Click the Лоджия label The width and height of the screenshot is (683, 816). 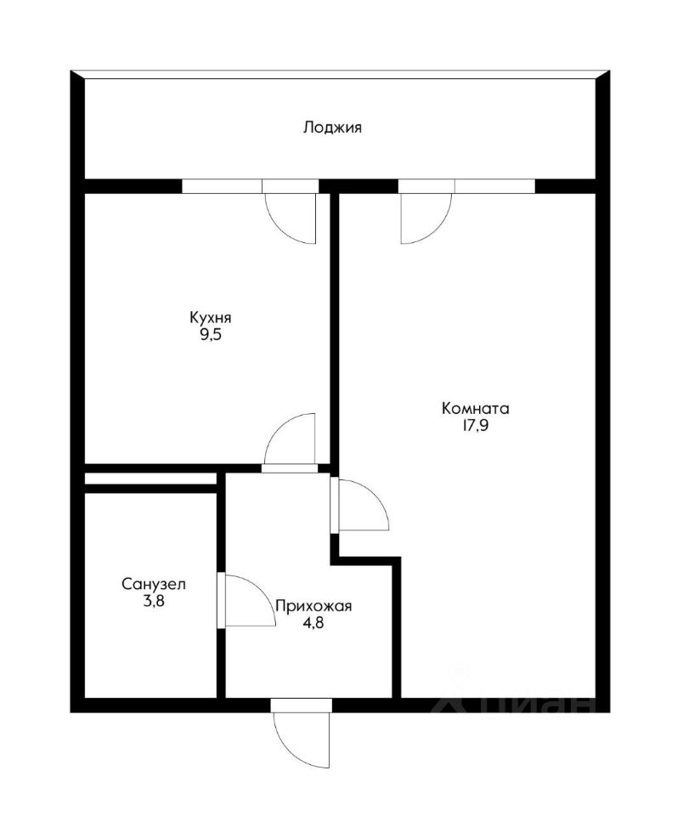pyautogui.click(x=332, y=127)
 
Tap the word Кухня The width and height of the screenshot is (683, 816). pyautogui.click(x=210, y=317)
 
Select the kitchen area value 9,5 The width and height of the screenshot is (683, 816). pyautogui.click(x=211, y=334)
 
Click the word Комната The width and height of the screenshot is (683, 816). pyautogui.click(x=475, y=408)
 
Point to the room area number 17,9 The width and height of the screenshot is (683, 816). pyautogui.click(x=475, y=426)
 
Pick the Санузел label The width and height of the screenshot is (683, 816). pyautogui.click(x=154, y=584)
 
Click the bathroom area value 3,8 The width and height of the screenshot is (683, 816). pyautogui.click(x=154, y=601)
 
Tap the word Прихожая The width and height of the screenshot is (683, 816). pyautogui.click(x=313, y=606)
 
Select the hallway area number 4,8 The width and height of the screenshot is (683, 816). pyautogui.click(x=313, y=622)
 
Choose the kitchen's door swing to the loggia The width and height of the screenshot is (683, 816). pyautogui.click(x=279, y=229)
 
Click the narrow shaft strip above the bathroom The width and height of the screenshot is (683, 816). pyautogui.click(x=150, y=479)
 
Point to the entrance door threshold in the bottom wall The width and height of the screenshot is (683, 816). pyautogui.click(x=302, y=705)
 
